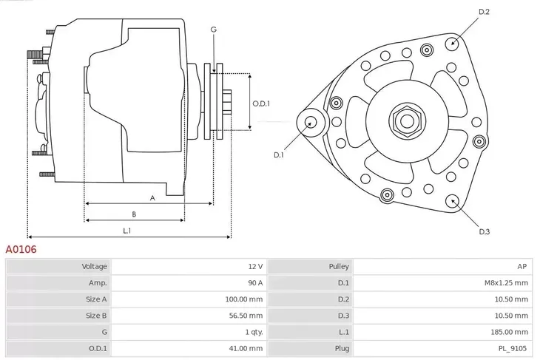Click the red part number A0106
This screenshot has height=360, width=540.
point(21,250)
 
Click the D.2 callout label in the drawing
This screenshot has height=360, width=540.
point(485,12)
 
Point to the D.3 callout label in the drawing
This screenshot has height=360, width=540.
point(485,231)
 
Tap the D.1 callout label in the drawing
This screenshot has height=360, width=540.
point(279,154)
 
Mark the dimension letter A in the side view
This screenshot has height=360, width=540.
point(152,197)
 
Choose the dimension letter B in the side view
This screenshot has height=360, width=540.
point(133,214)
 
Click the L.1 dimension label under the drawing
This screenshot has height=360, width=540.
point(127,231)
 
